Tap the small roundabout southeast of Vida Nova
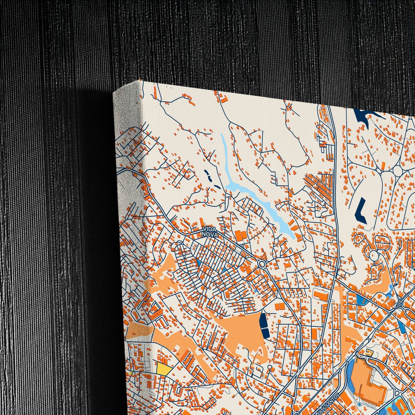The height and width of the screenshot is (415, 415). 262,264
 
